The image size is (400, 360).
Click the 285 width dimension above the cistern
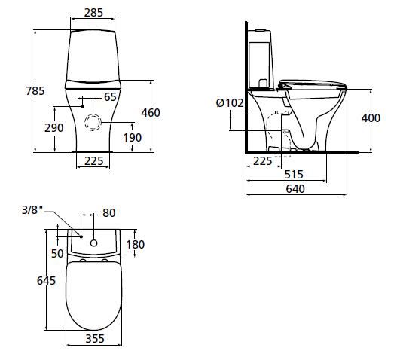pos(94,12)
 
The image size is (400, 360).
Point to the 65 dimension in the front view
pos(110,96)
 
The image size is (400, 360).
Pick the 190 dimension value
pos(133,138)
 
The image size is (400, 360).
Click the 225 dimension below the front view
pos(94,160)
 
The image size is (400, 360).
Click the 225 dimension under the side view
pos(262,160)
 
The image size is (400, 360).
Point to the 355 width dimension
pos(94,340)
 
